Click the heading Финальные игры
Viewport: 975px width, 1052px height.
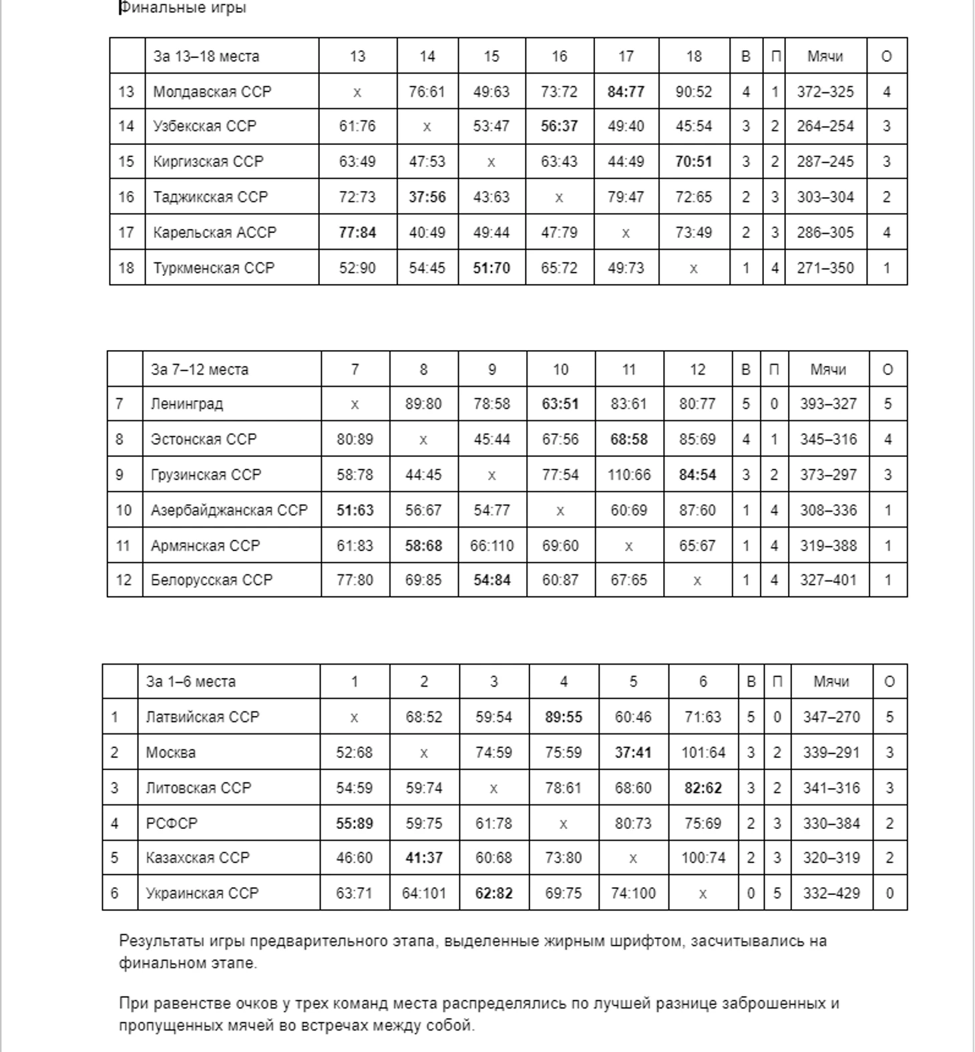(182, 8)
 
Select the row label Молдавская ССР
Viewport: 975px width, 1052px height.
(212, 92)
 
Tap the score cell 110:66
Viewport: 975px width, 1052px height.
(628, 475)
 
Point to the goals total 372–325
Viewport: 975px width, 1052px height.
(825, 92)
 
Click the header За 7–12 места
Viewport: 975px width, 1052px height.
(199, 369)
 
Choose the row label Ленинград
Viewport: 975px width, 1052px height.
(186, 403)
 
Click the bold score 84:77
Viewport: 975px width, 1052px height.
(626, 92)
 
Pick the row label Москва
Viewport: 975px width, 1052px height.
(170, 752)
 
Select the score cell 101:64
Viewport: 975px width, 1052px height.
(703, 752)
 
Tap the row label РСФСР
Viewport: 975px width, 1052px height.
(172, 823)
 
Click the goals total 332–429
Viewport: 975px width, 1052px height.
(831, 893)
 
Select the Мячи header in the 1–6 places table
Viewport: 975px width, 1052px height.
(831, 681)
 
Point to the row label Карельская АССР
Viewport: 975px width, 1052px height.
(214, 232)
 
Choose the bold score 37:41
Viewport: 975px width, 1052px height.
(632, 752)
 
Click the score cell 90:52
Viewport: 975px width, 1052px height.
(693, 92)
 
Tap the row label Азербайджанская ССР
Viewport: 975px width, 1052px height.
(229, 510)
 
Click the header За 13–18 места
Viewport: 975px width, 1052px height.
(206, 56)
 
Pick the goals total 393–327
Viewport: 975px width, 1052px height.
(828, 403)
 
